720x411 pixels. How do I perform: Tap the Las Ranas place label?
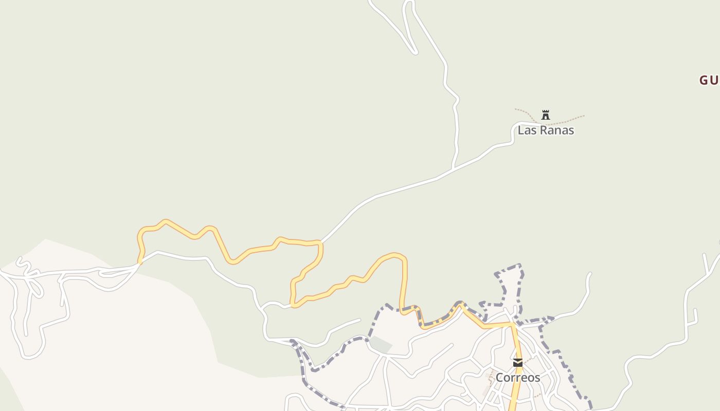point(546,130)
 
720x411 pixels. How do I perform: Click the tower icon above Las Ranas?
point(546,115)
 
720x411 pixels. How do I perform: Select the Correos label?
point(517,378)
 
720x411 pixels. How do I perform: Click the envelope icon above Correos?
point(518,363)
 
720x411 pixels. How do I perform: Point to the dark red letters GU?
point(709,80)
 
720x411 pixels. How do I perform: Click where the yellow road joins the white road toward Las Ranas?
point(320,241)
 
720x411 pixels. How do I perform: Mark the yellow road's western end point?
point(139,263)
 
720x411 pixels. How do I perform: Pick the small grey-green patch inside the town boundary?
point(381,344)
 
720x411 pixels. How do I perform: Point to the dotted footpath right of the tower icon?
point(568,120)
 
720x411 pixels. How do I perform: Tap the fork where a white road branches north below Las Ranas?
point(453,168)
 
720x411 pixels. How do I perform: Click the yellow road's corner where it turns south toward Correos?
point(512,324)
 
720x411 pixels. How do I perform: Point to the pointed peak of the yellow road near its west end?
point(165,221)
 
